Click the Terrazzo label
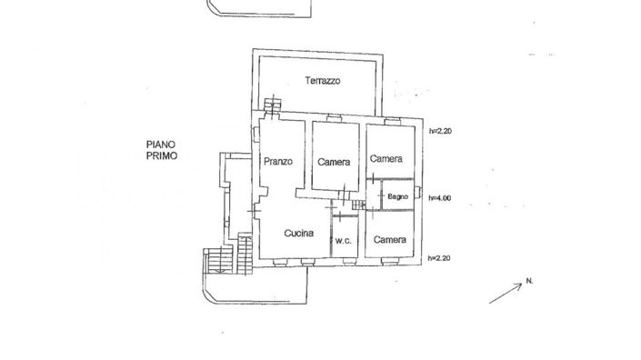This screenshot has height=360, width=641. click(x=322, y=81)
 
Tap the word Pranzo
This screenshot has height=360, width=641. click(x=277, y=161)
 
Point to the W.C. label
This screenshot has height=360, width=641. click(x=343, y=241)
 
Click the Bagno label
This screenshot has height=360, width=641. click(x=396, y=197)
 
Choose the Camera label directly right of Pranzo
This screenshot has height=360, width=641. click(x=335, y=162)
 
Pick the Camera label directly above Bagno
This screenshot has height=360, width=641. click(x=386, y=158)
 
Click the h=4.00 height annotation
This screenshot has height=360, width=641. click(x=440, y=197)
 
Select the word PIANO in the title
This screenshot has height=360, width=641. click(x=163, y=144)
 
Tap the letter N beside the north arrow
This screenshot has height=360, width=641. click(x=528, y=281)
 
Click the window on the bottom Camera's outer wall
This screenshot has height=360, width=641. click(x=391, y=263)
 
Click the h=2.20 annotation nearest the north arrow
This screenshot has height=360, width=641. click(x=440, y=258)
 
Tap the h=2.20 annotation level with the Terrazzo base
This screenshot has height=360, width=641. click(x=440, y=131)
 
